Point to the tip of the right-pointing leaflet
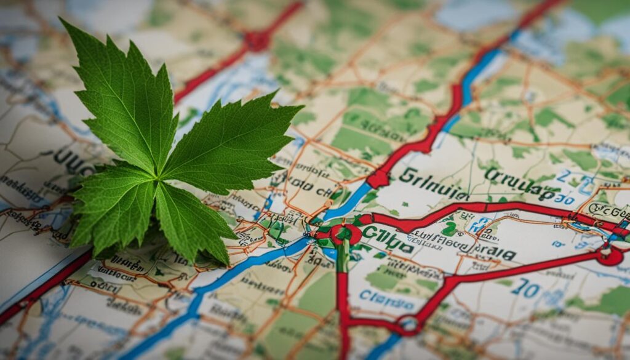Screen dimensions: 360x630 click(x=302, y=107)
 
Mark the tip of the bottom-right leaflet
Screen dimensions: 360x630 click(x=229, y=264)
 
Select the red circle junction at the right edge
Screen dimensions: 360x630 click(x=611, y=255)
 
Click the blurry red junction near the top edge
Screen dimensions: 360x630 click(x=257, y=41)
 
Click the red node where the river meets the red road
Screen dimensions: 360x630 click(x=378, y=179)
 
